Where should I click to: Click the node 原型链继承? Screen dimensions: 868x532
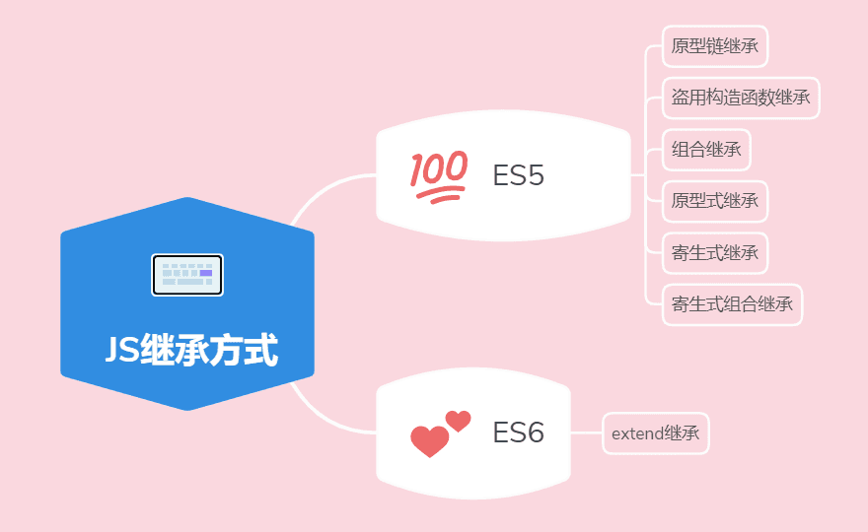pyautogui.click(x=715, y=46)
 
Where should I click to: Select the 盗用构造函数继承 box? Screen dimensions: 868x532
pyautogui.click(x=741, y=98)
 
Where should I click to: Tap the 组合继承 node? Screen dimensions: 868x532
pyautogui.click(x=706, y=150)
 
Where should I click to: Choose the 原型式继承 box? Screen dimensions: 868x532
pyautogui.click(x=715, y=201)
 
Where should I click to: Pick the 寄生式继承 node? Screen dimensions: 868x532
pyautogui.click(x=715, y=253)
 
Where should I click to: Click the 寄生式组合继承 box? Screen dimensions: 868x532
pyautogui.click(x=732, y=304)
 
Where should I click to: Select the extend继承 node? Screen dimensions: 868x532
pyautogui.click(x=655, y=433)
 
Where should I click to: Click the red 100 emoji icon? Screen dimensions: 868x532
pyautogui.click(x=439, y=176)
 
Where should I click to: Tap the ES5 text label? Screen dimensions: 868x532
pyautogui.click(x=518, y=175)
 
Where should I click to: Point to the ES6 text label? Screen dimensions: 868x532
pyautogui.click(x=518, y=432)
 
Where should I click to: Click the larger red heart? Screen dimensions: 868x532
pyautogui.click(x=429, y=441)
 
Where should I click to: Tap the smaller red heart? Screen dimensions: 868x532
pyautogui.click(x=459, y=421)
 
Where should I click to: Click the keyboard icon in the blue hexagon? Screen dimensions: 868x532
pyautogui.click(x=187, y=275)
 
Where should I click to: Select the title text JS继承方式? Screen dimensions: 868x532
pyautogui.click(x=191, y=350)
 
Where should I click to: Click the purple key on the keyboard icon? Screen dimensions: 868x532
pyautogui.click(x=206, y=273)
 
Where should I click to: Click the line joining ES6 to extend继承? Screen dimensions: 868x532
pyautogui.click(x=586, y=433)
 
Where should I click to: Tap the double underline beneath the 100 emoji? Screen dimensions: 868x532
pyautogui.click(x=440, y=195)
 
